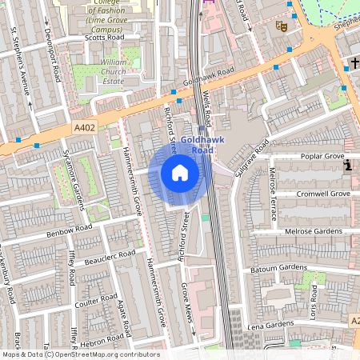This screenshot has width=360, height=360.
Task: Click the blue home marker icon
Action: [x=180, y=173]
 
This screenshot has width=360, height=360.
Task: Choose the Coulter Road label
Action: [x=95, y=299]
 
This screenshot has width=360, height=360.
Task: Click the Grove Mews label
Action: [x=189, y=305]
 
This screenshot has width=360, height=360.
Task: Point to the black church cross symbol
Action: [x=352, y=62]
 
